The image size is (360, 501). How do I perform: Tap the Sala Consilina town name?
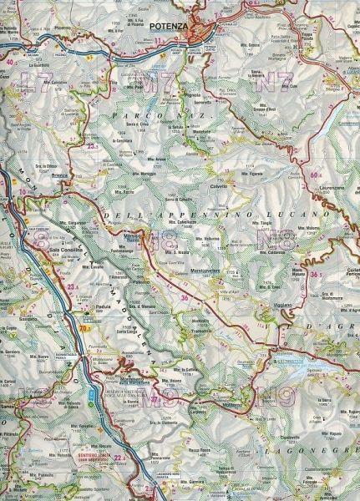(67, 249)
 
